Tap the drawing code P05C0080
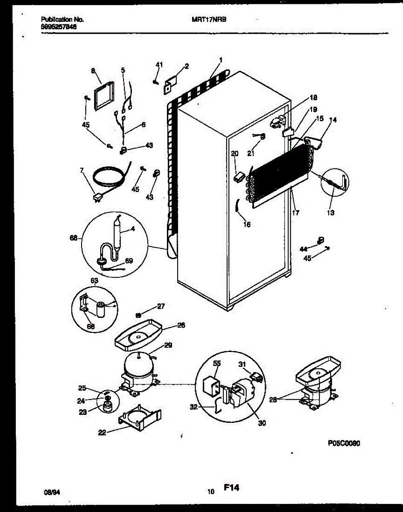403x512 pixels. pyautogui.click(x=344, y=443)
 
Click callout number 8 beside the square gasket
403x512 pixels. pyautogui.click(x=93, y=72)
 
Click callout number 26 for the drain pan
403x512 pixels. pyautogui.click(x=181, y=325)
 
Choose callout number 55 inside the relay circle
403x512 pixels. pyautogui.click(x=217, y=364)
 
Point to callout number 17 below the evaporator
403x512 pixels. pyautogui.click(x=295, y=212)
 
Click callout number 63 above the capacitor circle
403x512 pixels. pyautogui.click(x=94, y=280)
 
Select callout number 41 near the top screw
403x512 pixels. pyautogui.click(x=159, y=64)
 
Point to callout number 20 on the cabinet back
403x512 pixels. pyautogui.click(x=234, y=154)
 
